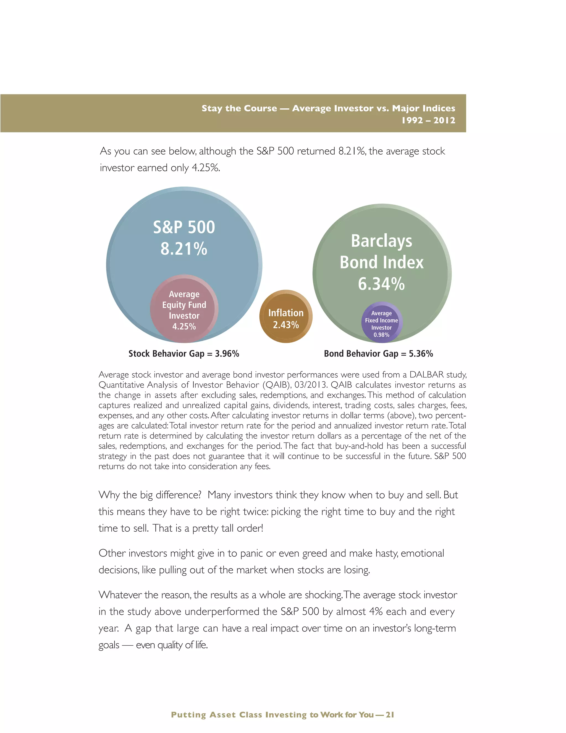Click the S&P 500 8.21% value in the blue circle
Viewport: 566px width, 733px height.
point(184,249)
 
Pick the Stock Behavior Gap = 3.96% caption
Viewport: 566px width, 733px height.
point(184,353)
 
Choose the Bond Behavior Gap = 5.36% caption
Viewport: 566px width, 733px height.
point(378,353)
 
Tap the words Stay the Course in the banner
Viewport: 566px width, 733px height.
point(239,108)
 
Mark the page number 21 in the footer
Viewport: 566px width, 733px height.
point(390,714)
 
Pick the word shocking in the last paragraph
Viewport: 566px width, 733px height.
point(323,595)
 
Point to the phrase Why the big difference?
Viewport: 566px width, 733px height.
point(150,495)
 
